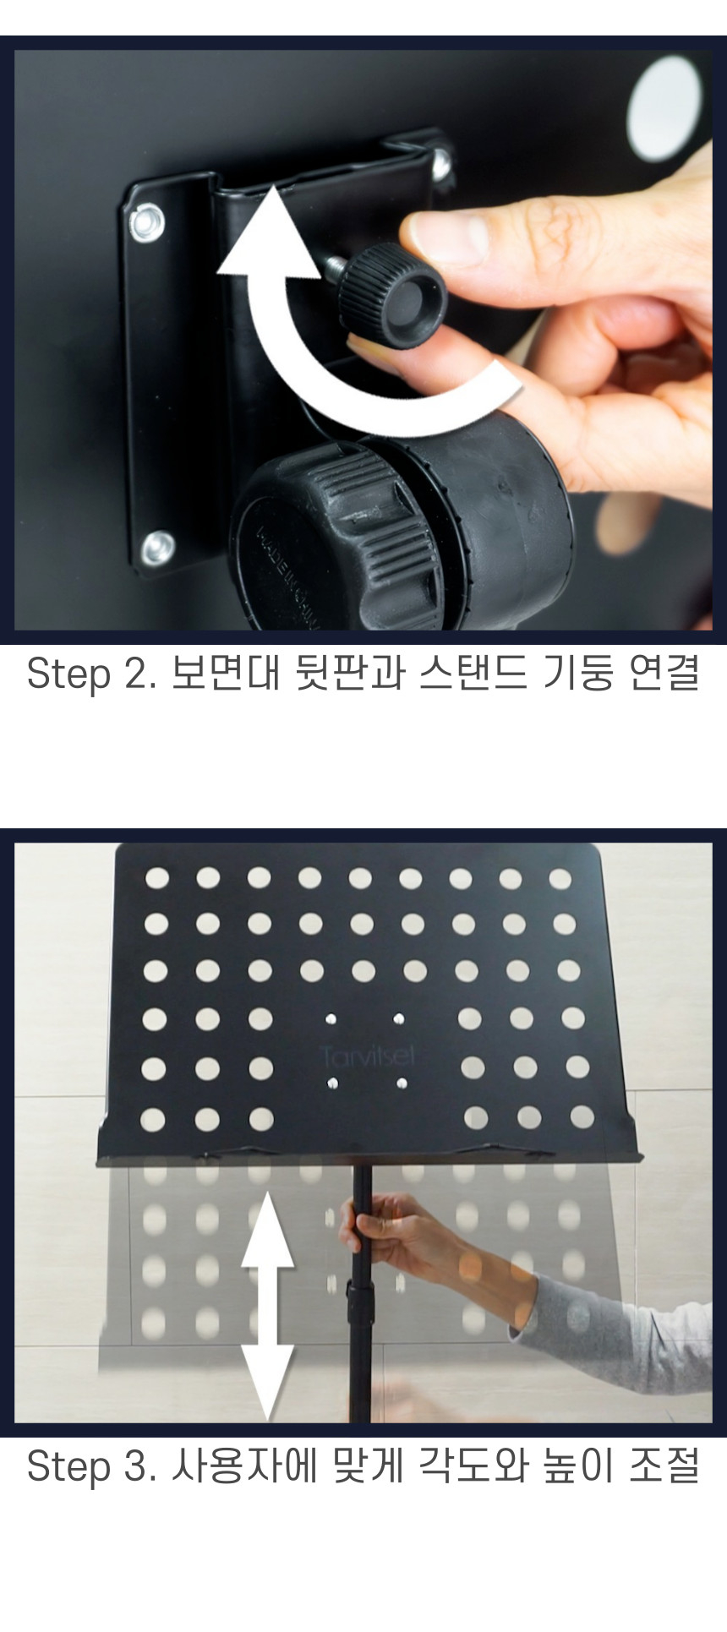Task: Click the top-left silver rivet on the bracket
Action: click(x=146, y=222)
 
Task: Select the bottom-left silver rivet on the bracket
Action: click(x=156, y=549)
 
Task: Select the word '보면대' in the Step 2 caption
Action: click(x=225, y=674)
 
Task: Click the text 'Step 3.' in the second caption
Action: click(x=91, y=1466)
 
